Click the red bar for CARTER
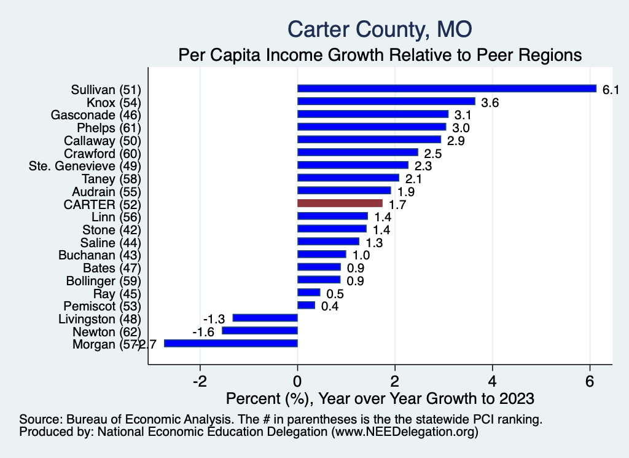[x=340, y=203]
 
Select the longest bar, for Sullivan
[x=447, y=89]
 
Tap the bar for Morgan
[x=231, y=344]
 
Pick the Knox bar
[x=386, y=101]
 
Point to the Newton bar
[x=260, y=331]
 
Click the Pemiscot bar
[x=306, y=305]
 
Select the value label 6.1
[x=610, y=90]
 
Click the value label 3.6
[x=490, y=103]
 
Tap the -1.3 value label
[x=214, y=318]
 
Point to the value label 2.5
[x=433, y=153]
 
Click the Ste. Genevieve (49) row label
[x=85, y=165]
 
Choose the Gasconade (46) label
[x=96, y=114]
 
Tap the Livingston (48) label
[x=100, y=318]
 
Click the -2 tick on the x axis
[x=200, y=381]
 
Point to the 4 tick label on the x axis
[x=492, y=381]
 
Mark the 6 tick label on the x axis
[x=590, y=381]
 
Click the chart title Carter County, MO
[x=380, y=29]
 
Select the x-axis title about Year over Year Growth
[x=380, y=398]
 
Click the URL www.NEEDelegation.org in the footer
[x=404, y=433]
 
